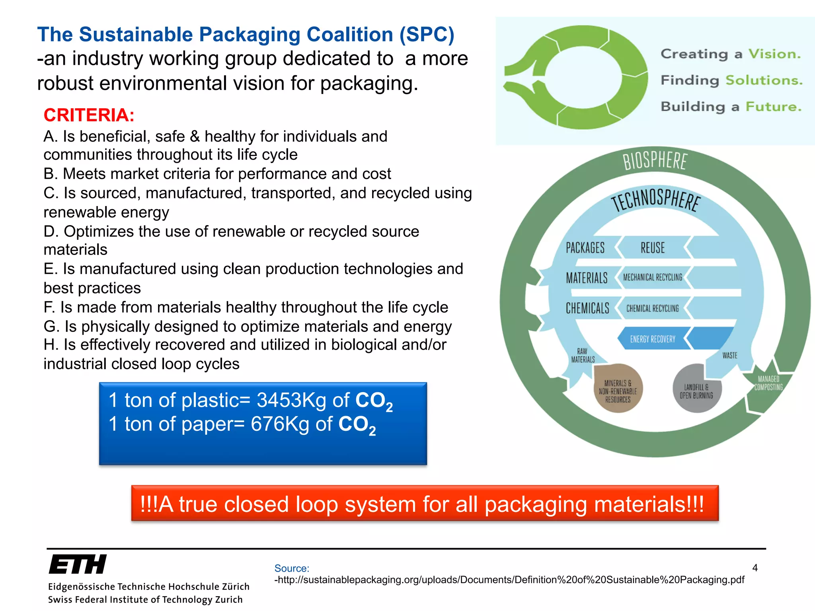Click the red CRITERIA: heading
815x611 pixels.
coord(89,115)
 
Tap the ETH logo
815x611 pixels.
coord(78,564)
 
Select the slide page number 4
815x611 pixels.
coord(755,568)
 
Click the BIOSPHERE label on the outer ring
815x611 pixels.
coord(655,161)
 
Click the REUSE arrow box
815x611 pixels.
coord(653,248)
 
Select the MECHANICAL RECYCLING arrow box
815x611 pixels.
coord(653,277)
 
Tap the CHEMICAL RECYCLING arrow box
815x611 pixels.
coord(653,308)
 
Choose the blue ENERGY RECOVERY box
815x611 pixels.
coord(653,339)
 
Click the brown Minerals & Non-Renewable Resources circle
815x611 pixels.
coord(618,388)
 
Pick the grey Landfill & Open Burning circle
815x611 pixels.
coord(696,388)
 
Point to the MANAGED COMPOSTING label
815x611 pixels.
coord(768,383)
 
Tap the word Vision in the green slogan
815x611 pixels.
coord(774,54)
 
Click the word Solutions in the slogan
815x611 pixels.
coord(764,80)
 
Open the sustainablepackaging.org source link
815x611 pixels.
coord(509,580)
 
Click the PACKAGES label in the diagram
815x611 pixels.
coord(585,248)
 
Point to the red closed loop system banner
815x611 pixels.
coord(425,504)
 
